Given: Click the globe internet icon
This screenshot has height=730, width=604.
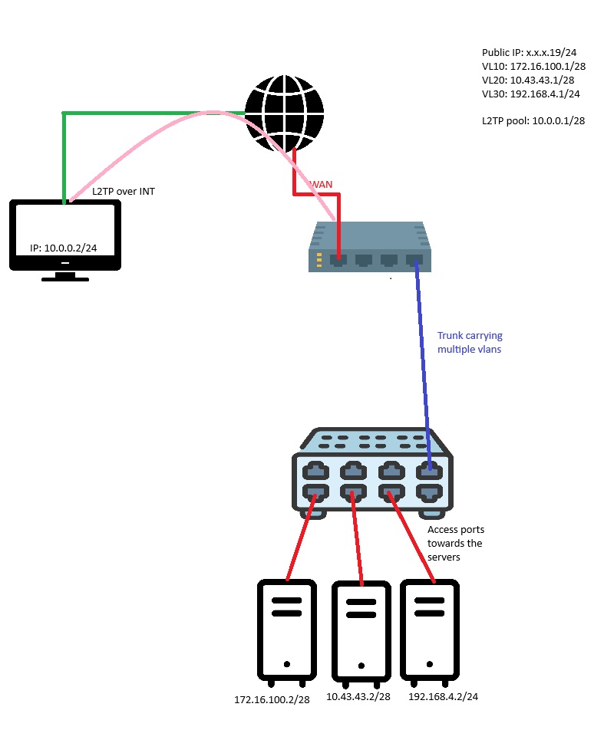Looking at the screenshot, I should coord(284,113).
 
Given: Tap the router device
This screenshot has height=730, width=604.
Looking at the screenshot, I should coord(370,248).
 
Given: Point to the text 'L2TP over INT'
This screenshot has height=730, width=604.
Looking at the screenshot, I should coord(123,191).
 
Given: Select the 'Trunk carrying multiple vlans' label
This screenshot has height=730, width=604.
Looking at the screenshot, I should coord(470,341).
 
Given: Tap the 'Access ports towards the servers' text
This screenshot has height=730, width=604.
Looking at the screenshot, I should coord(454,543).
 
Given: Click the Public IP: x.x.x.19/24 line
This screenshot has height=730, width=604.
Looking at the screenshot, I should coord(529,52).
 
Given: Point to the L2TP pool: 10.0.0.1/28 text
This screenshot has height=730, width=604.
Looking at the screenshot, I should coord(533,121).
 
